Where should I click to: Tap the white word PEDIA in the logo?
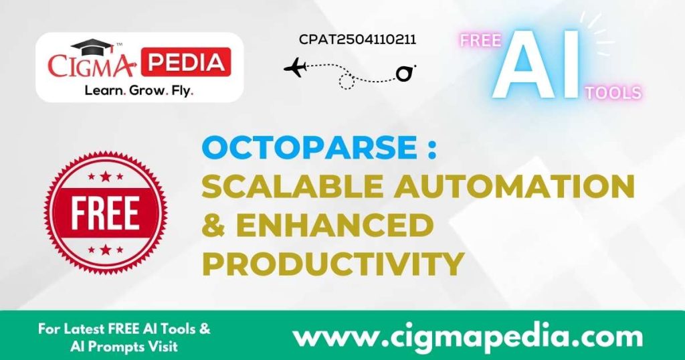pyautogui.click(x=187, y=62)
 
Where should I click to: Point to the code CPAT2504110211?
pyautogui.click(x=357, y=39)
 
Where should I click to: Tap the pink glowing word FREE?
pyautogui.click(x=480, y=41)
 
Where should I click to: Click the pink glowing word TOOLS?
pyautogui.click(x=613, y=92)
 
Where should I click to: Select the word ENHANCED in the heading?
pyautogui.click(x=334, y=226)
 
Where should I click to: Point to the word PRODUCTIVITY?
pyautogui.click(x=332, y=264)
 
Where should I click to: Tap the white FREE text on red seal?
pyautogui.click(x=106, y=213)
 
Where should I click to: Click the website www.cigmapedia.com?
pyautogui.click(x=468, y=335)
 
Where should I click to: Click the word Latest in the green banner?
pyautogui.click(x=88, y=329)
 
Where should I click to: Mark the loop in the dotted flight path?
pyautogui.click(x=346, y=82)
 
